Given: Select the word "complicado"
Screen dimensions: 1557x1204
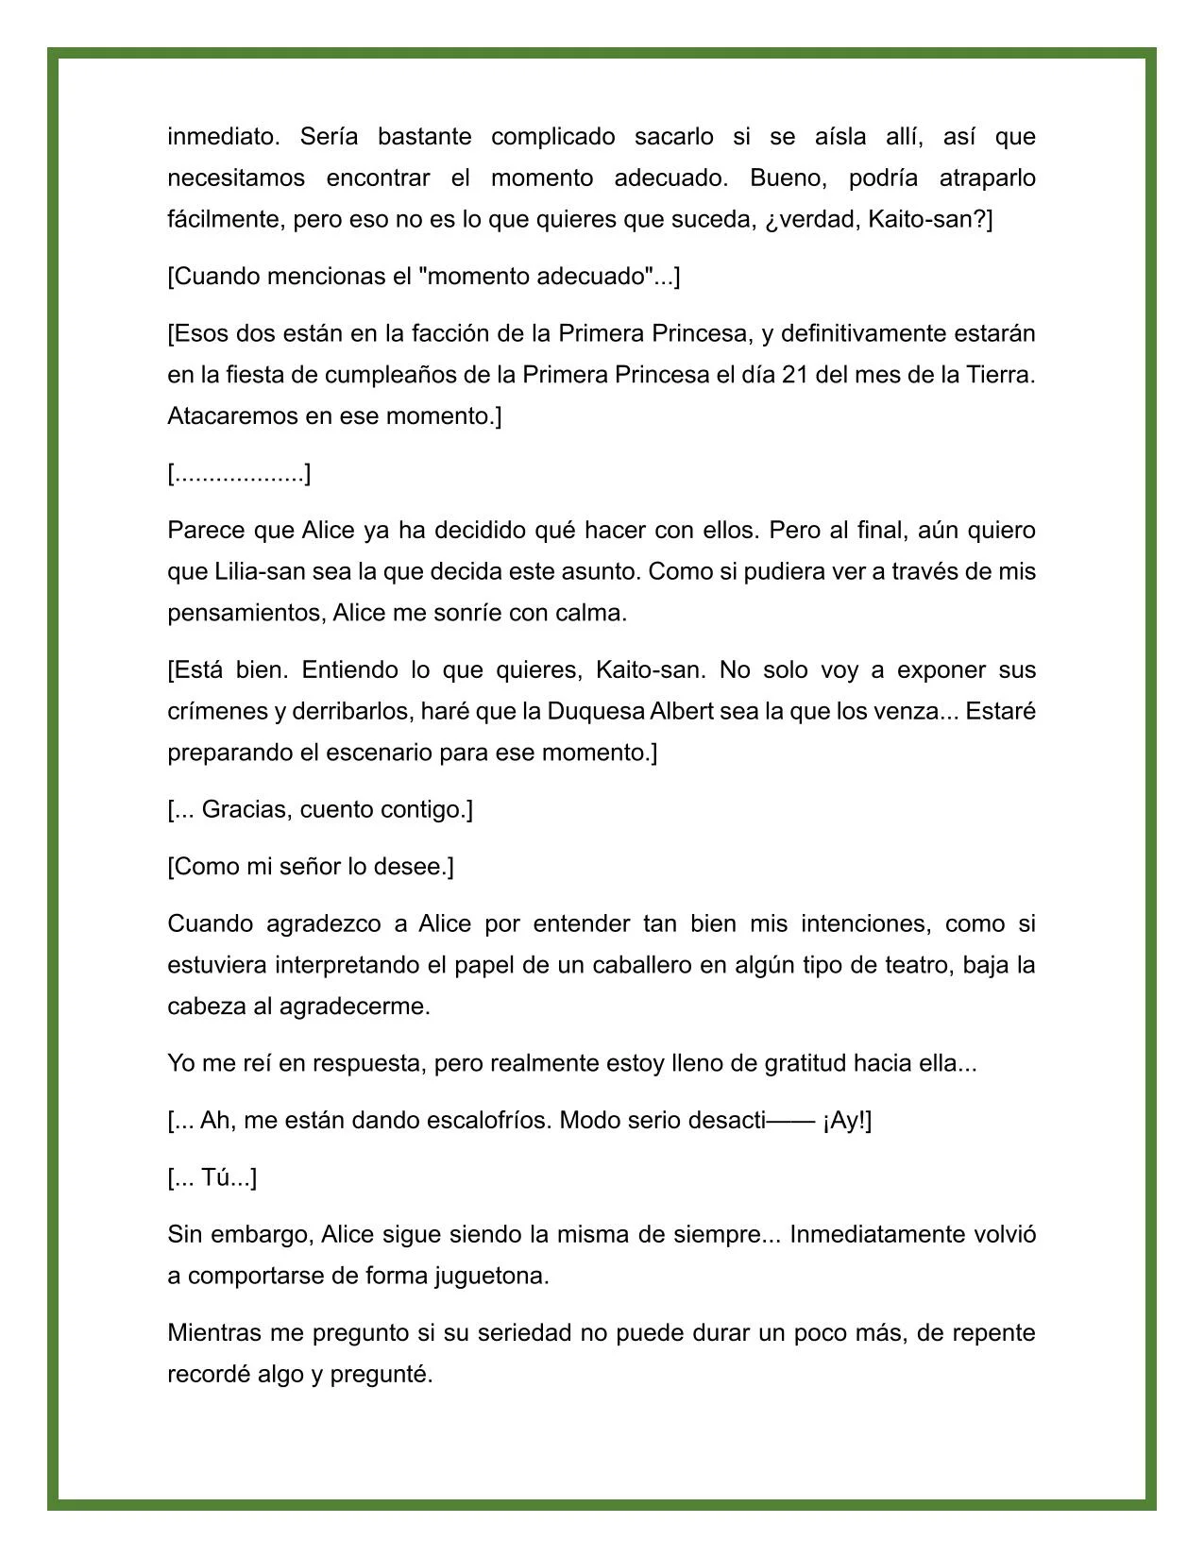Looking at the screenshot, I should point(552,137).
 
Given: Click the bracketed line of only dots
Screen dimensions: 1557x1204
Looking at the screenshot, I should point(239,474).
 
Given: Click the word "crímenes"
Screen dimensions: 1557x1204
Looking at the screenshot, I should point(218,712).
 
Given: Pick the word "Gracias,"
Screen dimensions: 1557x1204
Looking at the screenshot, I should point(247,810).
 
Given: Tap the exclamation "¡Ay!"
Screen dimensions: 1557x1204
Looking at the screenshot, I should point(847,1121).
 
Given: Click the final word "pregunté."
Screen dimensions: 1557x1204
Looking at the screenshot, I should point(382,1375).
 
